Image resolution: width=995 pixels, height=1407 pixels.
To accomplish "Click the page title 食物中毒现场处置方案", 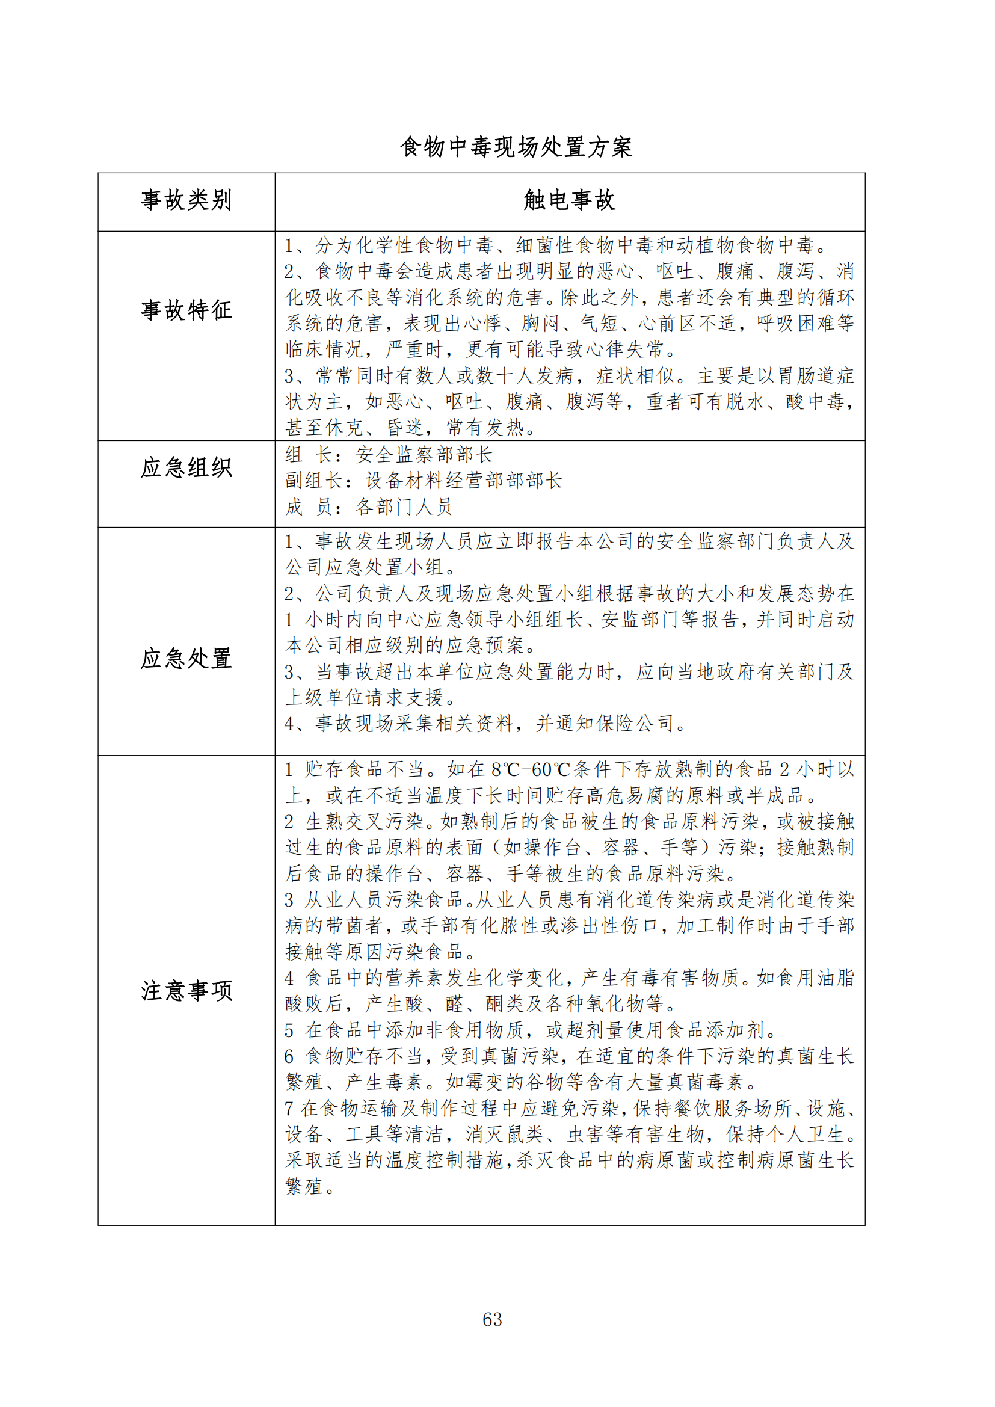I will pyautogui.click(x=516, y=147).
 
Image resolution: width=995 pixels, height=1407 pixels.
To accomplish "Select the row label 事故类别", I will pyautogui.click(x=186, y=200).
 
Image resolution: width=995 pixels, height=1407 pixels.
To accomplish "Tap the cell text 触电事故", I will pyautogui.click(x=569, y=200).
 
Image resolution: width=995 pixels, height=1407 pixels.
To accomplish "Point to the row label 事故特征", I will pyautogui.click(x=186, y=310).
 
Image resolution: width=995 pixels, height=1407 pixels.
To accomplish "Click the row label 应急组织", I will pyautogui.click(x=186, y=467).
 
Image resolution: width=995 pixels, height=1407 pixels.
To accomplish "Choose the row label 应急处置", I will pyautogui.click(x=186, y=658).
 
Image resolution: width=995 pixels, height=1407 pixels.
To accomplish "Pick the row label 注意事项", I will pyautogui.click(x=186, y=990).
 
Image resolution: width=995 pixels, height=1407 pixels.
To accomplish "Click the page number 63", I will pyautogui.click(x=492, y=1319).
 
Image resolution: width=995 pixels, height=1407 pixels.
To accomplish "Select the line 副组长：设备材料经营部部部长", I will pyautogui.click(x=424, y=481).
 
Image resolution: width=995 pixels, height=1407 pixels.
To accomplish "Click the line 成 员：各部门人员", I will pyautogui.click(x=368, y=506).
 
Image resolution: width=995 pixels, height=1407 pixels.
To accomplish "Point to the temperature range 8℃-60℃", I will pyautogui.click(x=531, y=770).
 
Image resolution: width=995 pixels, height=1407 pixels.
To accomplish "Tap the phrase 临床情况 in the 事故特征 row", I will pyautogui.click(x=324, y=349).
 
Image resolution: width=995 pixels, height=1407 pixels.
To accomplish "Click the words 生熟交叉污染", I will pyautogui.click(x=365, y=822).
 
